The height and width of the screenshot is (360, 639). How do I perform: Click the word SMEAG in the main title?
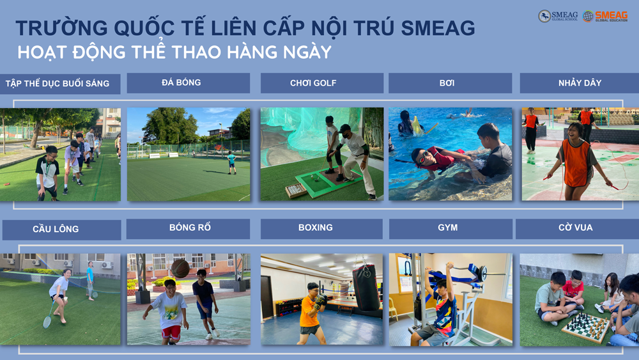(438, 28)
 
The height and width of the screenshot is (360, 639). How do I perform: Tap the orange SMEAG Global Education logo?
(605, 16)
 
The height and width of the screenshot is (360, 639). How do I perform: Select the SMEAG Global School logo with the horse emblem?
(558, 16)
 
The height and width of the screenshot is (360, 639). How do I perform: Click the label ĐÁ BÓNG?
(181, 82)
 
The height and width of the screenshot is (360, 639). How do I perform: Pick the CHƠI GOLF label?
(313, 83)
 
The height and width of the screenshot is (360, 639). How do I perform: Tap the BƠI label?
(447, 82)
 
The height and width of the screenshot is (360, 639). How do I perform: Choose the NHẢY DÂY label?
(580, 83)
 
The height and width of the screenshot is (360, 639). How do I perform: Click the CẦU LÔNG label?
(56, 229)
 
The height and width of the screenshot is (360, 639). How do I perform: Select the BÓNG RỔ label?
(190, 228)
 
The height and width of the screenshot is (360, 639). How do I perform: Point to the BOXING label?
(316, 228)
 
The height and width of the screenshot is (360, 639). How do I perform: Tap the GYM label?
(448, 228)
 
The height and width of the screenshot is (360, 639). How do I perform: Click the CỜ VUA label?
(576, 228)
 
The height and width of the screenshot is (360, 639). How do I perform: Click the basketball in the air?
(180, 269)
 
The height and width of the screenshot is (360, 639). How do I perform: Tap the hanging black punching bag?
(366, 288)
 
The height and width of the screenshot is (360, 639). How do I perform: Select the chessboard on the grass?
(585, 327)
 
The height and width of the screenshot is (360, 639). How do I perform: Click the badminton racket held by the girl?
(49, 316)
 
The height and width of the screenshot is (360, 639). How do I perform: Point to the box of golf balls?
(296, 190)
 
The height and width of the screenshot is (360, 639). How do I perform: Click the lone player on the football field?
(231, 162)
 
